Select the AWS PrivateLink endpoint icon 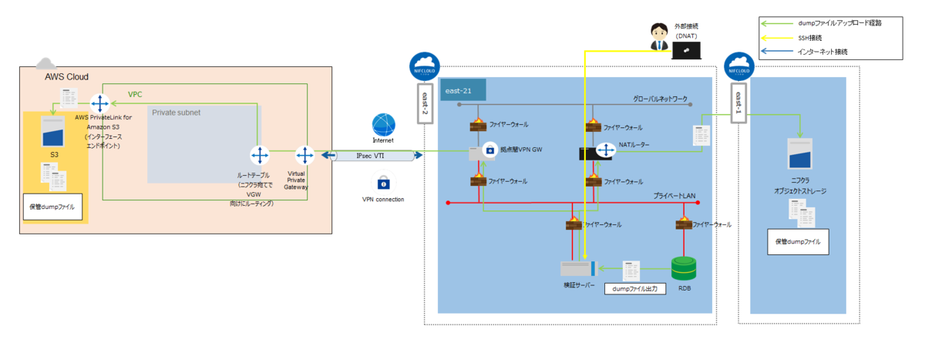click(x=100, y=103)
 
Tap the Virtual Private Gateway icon click(x=306, y=156)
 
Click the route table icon click(x=260, y=156)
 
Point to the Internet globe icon click(x=383, y=125)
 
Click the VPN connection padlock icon click(x=383, y=183)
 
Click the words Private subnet click(x=177, y=113)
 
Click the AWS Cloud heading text click(x=66, y=77)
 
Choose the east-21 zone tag click(x=462, y=91)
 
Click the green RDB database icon click(x=684, y=268)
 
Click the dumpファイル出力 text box click(x=635, y=288)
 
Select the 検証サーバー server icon click(x=577, y=268)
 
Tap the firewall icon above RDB click(x=684, y=224)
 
